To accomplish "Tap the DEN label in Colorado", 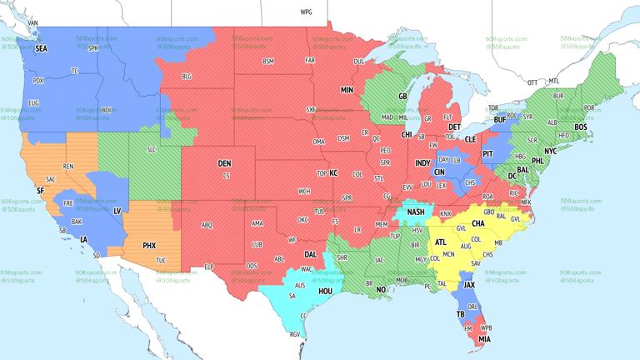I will pyautogui.click(x=224, y=163).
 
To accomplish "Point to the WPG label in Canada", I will pyautogui.click(x=306, y=12).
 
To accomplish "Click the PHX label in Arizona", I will pyautogui.click(x=149, y=245).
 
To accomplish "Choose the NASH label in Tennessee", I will pyautogui.click(x=416, y=212).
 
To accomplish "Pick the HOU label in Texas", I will pyautogui.click(x=325, y=292).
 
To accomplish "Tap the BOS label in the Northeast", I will pyautogui.click(x=581, y=127).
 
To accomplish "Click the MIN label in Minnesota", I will pyautogui.click(x=347, y=90).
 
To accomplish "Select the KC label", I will pyautogui.click(x=333, y=172).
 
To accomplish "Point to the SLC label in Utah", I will pyautogui.click(x=151, y=149).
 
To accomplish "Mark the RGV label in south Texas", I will pyautogui.click(x=294, y=334).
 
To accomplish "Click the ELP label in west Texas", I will pyautogui.click(x=208, y=267).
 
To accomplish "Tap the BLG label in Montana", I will pyautogui.click(x=187, y=77).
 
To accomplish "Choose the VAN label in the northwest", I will pyautogui.click(x=33, y=22).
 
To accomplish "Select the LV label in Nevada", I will pyautogui.click(x=117, y=211).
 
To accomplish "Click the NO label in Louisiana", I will pyautogui.click(x=381, y=289).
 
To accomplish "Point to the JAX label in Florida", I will pyautogui.click(x=469, y=284).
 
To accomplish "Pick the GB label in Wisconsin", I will pyautogui.click(x=402, y=97).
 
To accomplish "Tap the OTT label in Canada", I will pyautogui.click(x=532, y=82).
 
